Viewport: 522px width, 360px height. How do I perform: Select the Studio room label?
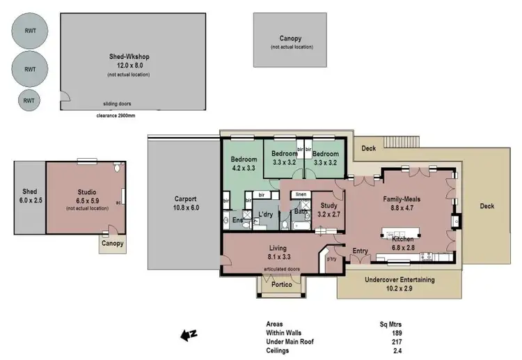(87, 192)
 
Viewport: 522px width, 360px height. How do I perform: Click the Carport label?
(186, 198)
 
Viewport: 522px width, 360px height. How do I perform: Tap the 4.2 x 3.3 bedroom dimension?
(244, 168)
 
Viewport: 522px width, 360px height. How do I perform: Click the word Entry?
(361, 251)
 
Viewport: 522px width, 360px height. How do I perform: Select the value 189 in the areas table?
(397, 333)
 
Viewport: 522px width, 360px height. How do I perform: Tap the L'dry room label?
(264, 214)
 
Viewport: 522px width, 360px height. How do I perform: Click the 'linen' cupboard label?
(301, 194)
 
